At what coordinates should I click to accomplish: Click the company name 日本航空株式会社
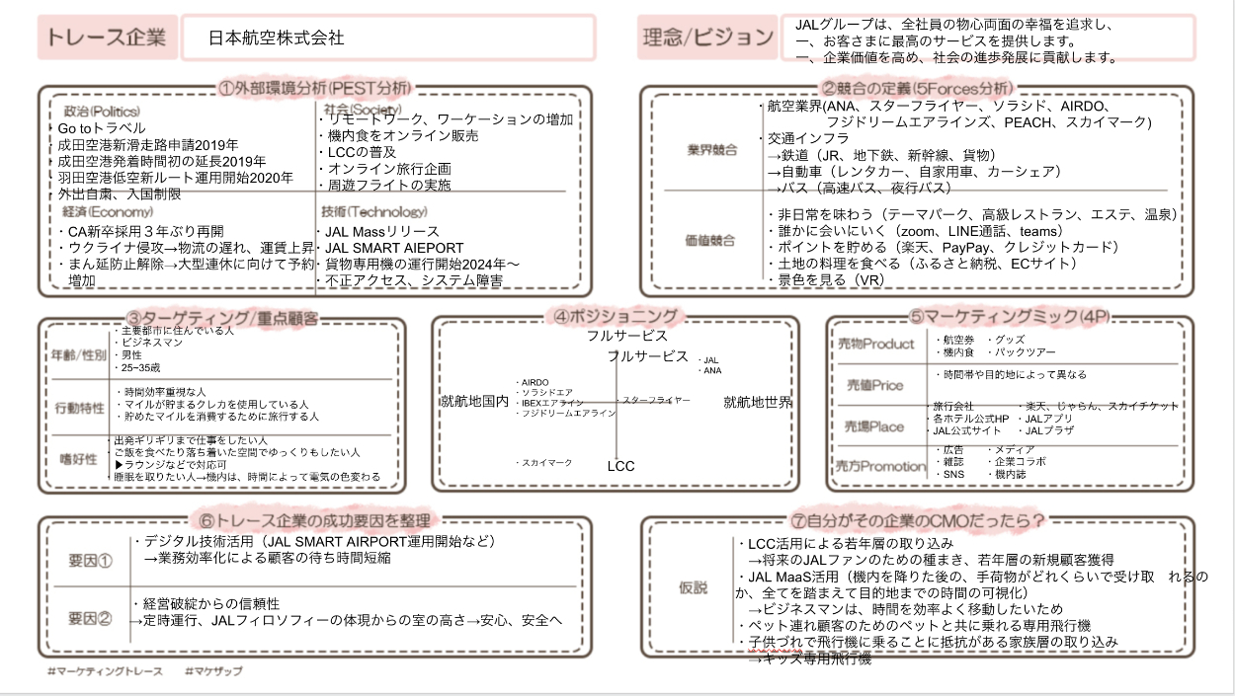coord(277,39)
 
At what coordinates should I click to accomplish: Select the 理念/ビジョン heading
coord(707,38)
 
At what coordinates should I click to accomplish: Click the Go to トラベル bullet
coord(101,128)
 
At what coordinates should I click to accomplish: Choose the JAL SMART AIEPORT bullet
coord(394,248)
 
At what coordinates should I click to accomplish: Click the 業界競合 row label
coord(711,151)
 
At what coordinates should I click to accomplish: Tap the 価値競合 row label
coord(711,240)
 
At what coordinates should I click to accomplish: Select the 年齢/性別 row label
coord(79,354)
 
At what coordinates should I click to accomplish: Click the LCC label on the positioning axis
coord(620,466)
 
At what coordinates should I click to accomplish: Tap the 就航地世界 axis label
coord(758,402)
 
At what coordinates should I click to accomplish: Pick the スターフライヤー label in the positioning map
coord(655,401)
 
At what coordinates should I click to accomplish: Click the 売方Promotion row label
coord(879,466)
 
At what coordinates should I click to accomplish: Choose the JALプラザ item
coord(1048,431)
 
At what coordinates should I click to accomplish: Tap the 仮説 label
coord(694,587)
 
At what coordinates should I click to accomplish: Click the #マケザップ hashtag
coord(212,671)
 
